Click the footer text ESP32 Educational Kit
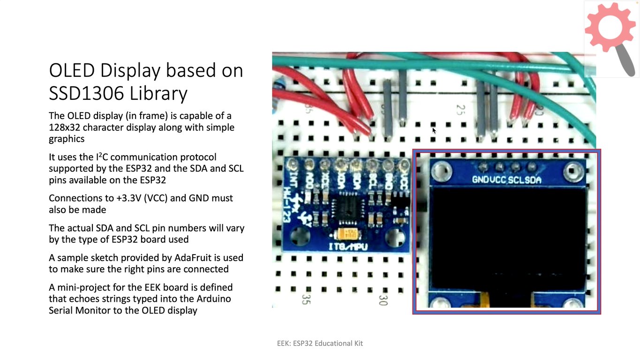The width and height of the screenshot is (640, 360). [328, 343]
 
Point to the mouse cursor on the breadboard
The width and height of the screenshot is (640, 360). [434, 130]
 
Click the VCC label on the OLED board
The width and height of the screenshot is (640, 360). [498, 180]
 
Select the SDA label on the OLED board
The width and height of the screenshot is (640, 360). [533, 180]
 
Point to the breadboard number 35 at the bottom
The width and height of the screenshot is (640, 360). [306, 299]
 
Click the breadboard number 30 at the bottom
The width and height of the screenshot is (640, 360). [384, 300]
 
